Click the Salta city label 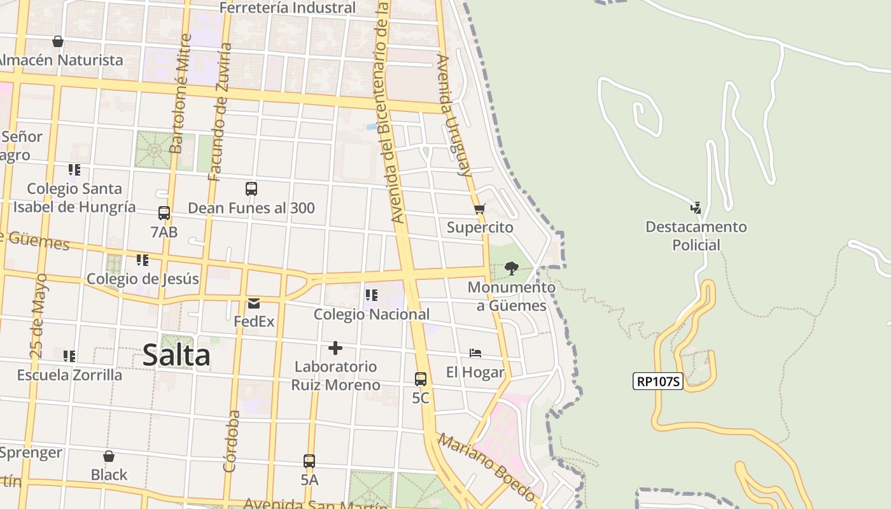point(176,355)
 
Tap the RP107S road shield point(658,381)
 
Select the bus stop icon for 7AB point(164,213)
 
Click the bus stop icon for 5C point(421,379)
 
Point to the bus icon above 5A point(309,461)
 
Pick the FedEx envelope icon point(254,303)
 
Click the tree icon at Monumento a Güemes point(511,268)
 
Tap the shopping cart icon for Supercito point(480,209)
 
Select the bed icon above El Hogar point(475,353)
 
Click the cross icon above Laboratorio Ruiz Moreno point(335,348)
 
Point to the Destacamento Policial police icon point(696,207)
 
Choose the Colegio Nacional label point(372,314)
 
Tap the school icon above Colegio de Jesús point(143,260)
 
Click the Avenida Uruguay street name point(454,115)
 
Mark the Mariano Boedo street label point(487,466)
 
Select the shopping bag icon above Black point(109,456)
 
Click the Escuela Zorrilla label point(69,375)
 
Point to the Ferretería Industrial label point(287,8)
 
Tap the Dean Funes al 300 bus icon point(251,189)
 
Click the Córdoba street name point(232,441)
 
